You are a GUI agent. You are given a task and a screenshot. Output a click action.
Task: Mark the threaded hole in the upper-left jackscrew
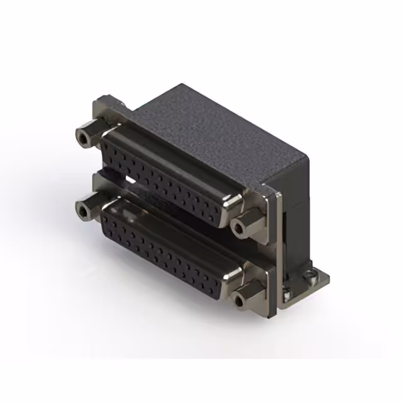pos(82,137)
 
